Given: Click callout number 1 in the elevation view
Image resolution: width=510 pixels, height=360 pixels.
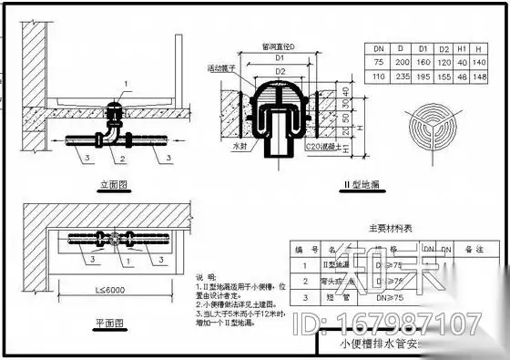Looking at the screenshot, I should point(128,83).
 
